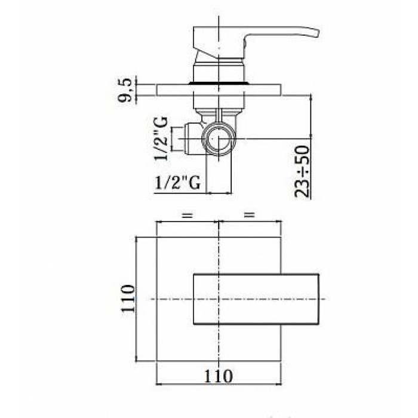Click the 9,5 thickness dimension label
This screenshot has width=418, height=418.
pyautogui.click(x=126, y=90)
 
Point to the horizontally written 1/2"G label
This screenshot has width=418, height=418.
pyautogui.click(x=177, y=183)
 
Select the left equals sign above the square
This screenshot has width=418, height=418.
pyautogui.click(x=187, y=214)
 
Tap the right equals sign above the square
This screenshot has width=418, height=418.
pyautogui.click(x=249, y=214)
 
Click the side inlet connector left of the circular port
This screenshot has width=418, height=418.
pyautogui.click(x=190, y=139)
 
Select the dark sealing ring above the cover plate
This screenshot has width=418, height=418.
pyautogui.click(x=218, y=82)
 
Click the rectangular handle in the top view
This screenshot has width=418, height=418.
pyautogui.click(x=257, y=299)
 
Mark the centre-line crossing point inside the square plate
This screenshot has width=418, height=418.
pyautogui.click(x=219, y=299)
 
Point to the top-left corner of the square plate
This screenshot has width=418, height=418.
pyautogui.click(x=156, y=237)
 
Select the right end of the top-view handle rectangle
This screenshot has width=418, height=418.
pyautogui.click(x=319, y=299)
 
